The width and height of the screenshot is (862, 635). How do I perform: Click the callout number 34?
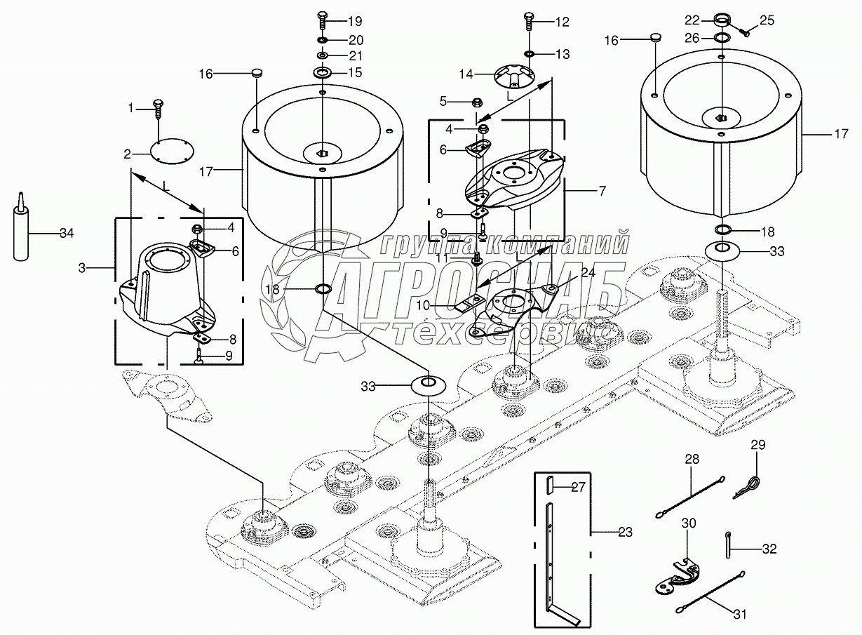pyautogui.click(x=66, y=233)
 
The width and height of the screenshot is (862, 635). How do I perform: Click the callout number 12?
pyautogui.click(x=562, y=22)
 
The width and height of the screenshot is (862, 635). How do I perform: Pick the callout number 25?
pyautogui.click(x=767, y=20)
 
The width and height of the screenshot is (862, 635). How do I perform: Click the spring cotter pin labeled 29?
pyautogui.click(x=748, y=487)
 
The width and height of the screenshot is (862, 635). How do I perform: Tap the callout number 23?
pyautogui.click(x=625, y=533)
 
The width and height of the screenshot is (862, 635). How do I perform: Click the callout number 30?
pyautogui.click(x=689, y=523)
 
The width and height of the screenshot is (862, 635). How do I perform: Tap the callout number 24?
pyautogui.click(x=587, y=274)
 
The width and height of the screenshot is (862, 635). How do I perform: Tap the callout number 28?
pyautogui.click(x=692, y=459)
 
